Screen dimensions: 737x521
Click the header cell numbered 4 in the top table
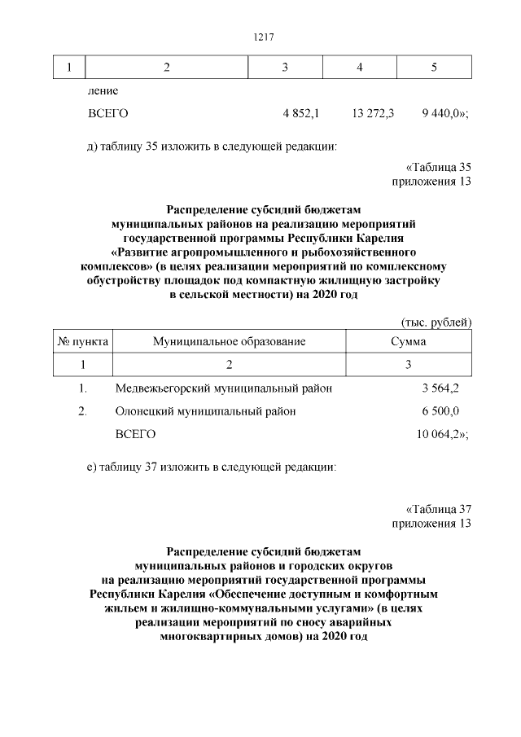pyautogui.click(x=359, y=66)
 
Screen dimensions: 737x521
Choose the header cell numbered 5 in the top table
pyautogui.click(x=434, y=66)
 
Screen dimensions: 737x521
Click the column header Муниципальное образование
pyautogui.click(x=230, y=341)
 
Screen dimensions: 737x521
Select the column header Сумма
pyautogui.click(x=409, y=341)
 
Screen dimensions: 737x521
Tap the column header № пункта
pyautogui.click(x=82, y=341)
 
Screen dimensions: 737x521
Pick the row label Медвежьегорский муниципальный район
pyautogui.click(x=224, y=388)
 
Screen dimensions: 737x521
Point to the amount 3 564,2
pyautogui.click(x=440, y=388)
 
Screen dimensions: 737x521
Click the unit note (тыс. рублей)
pyautogui.click(x=436, y=322)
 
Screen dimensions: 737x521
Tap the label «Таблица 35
pyautogui.click(x=439, y=167)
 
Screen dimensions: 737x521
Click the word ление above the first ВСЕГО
pyautogui.click(x=103, y=91)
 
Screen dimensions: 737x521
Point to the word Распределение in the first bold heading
pyautogui.click(x=212, y=208)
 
